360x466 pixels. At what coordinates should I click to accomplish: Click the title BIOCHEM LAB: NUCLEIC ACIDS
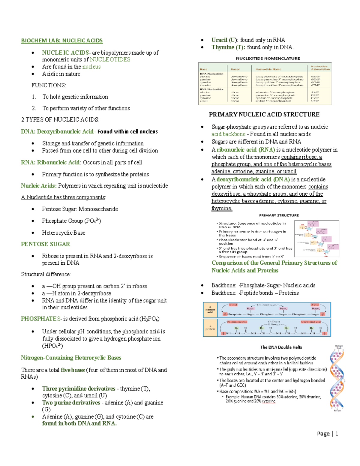(x=62, y=41)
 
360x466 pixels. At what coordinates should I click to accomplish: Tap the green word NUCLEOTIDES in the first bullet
(x=110, y=59)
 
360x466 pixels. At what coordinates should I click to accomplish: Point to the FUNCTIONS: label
(x=49, y=85)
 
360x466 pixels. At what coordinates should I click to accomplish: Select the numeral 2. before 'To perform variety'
(x=34, y=108)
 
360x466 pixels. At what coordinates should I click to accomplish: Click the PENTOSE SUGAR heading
(x=46, y=244)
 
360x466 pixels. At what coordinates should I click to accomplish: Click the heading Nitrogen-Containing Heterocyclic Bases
(x=71, y=358)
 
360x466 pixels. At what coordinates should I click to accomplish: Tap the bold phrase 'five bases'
(x=73, y=370)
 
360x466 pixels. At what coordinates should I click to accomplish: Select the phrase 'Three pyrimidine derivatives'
(x=79, y=389)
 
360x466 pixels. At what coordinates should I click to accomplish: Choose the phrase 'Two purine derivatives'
(x=71, y=403)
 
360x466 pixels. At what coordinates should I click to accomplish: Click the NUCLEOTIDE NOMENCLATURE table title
(x=268, y=58)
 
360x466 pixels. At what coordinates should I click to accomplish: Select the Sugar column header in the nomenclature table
(x=235, y=69)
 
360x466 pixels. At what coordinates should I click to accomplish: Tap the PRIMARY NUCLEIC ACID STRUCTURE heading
(x=264, y=114)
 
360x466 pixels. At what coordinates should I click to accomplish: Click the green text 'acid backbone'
(x=228, y=134)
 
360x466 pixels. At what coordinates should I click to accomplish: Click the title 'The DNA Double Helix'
(x=281, y=347)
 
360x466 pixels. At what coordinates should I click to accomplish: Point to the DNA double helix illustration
(x=337, y=378)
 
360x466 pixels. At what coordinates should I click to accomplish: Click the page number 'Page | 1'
(x=328, y=434)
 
